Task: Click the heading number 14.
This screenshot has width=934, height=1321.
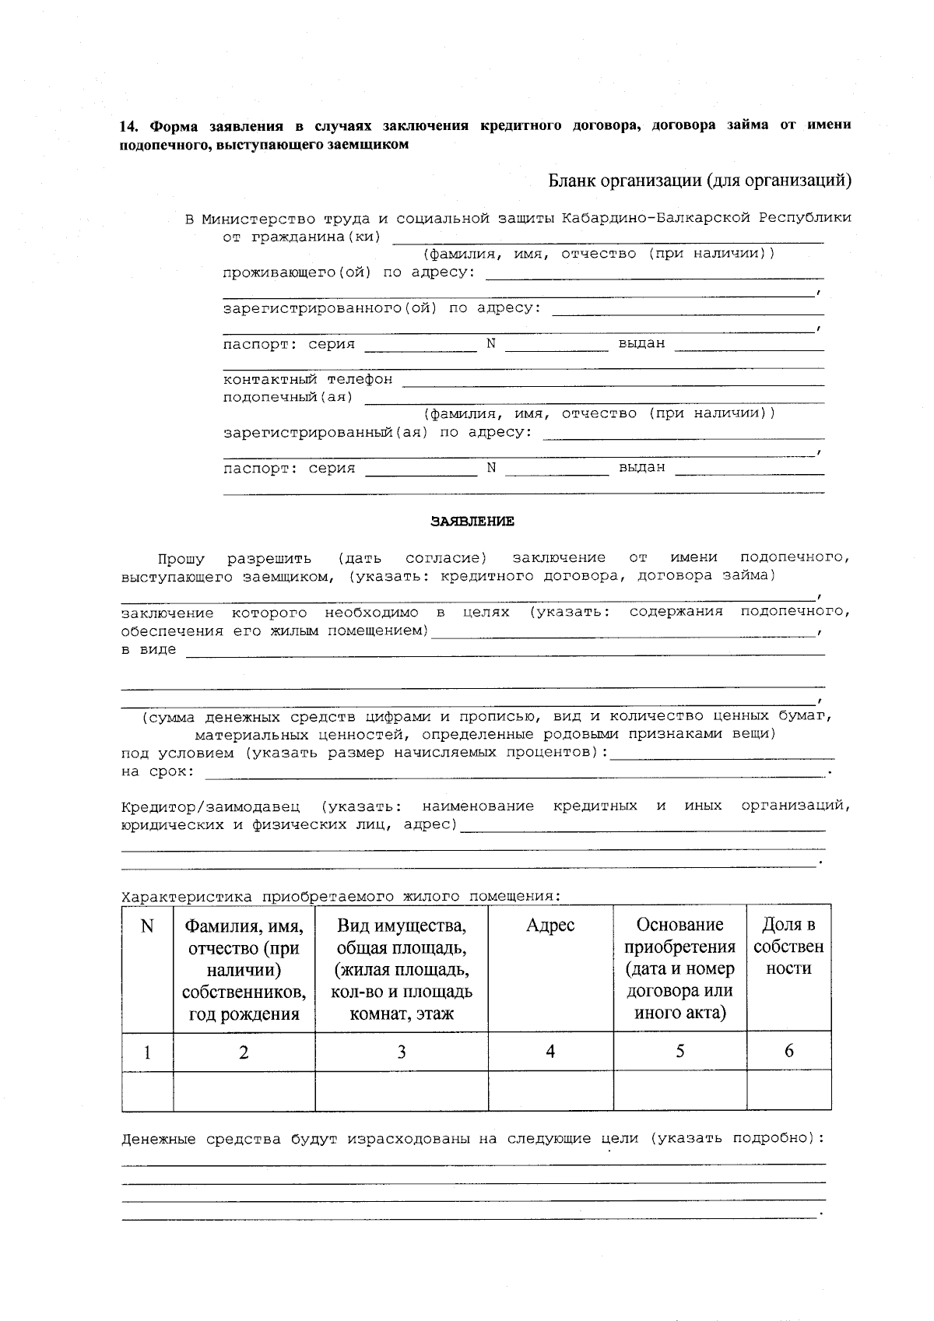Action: point(129,126)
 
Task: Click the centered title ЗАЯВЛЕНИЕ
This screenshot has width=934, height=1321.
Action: point(472,522)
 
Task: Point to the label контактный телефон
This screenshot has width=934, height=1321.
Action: point(307,380)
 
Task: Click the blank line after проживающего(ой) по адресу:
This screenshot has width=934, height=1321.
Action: point(655,276)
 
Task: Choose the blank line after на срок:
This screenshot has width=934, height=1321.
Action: point(514,775)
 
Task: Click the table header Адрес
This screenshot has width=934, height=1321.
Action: point(550,925)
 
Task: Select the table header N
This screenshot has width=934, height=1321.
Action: point(147,926)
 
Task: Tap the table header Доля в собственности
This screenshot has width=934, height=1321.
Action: point(788,947)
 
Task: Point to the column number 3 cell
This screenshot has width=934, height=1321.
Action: point(401,1052)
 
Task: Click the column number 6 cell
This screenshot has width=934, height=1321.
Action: point(788,1051)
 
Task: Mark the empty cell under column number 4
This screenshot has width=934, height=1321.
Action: point(550,1090)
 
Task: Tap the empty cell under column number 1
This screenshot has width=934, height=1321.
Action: point(147,1090)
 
